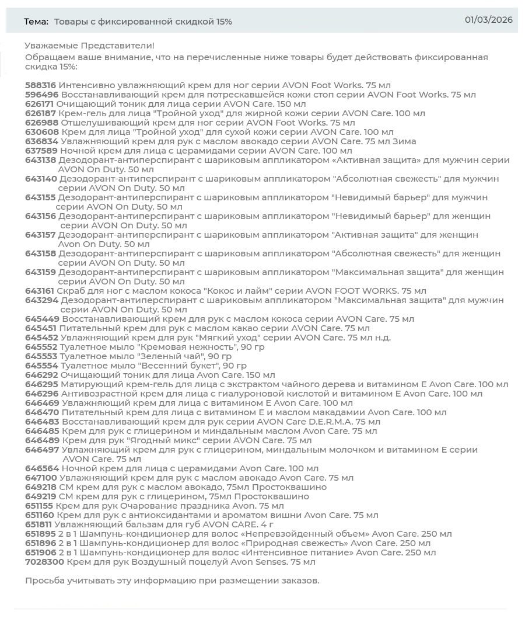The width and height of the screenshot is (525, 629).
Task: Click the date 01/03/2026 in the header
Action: pyautogui.click(x=488, y=20)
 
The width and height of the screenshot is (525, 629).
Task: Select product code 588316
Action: pyautogui.click(x=40, y=85)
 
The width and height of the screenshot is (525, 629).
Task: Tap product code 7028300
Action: pyautogui.click(x=44, y=562)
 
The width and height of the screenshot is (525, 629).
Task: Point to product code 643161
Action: pyautogui.click(x=40, y=291)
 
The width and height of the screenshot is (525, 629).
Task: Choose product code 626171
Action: pyautogui.click(x=40, y=104)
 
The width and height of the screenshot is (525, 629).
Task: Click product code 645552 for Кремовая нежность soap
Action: pyautogui.click(x=41, y=347)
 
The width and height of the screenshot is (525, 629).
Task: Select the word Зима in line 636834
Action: pyautogui.click(x=404, y=141)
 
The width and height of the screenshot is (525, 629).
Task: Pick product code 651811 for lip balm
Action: pyautogui.click(x=40, y=524)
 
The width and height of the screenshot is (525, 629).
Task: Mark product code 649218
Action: pyautogui.click(x=41, y=487)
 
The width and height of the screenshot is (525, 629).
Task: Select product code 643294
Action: pyautogui.click(x=41, y=300)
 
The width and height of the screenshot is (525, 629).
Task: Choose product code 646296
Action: pyautogui.click(x=41, y=394)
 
